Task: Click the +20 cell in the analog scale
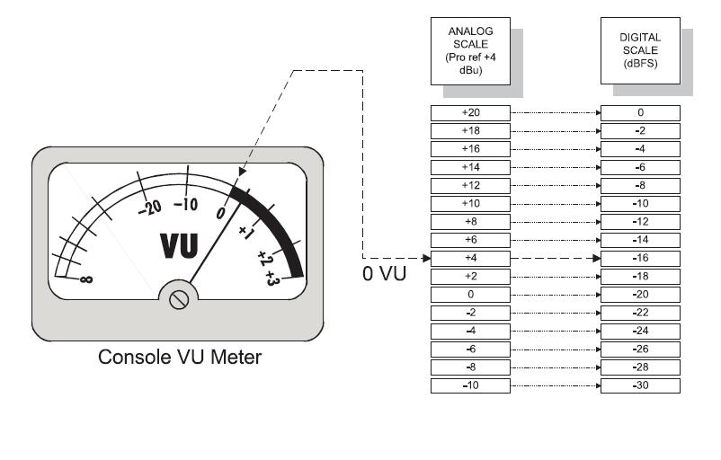tap(470, 113)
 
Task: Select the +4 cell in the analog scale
tap(470, 258)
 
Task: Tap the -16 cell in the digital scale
tap(640, 258)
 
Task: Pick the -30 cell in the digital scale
tap(640, 385)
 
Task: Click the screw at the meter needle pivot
tap(178, 299)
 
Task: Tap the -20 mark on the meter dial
tap(149, 206)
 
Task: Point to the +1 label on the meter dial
tap(244, 230)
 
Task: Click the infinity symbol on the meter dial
tap(86, 279)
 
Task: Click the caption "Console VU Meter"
tap(180, 358)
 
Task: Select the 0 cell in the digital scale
tap(640, 113)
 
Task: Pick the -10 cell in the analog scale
tap(470, 385)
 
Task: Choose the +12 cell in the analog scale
tap(470, 185)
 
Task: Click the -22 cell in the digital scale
tap(640, 313)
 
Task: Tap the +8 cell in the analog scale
tap(470, 221)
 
